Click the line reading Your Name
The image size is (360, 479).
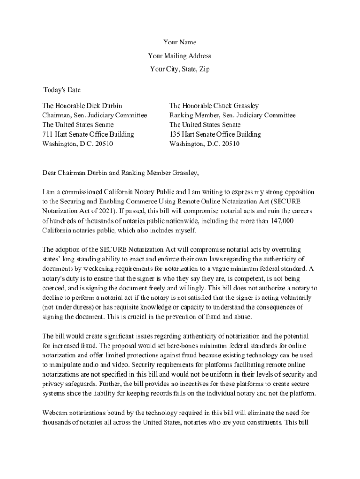(180, 43)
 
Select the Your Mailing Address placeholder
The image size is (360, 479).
(180, 56)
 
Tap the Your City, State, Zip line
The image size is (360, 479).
(180, 69)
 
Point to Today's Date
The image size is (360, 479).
(62, 90)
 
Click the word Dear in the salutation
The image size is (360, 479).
(50, 173)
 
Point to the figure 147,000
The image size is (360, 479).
(281, 221)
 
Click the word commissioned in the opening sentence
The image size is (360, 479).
(78, 192)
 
